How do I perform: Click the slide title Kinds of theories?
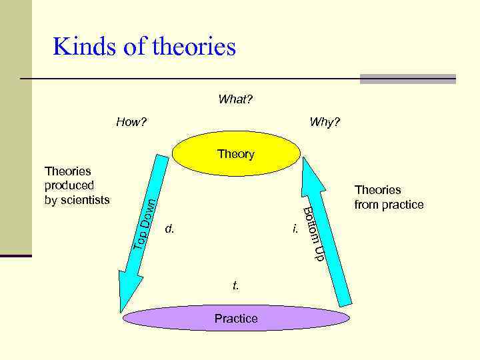pyautogui.click(x=144, y=47)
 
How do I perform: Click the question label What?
pyautogui.click(x=235, y=100)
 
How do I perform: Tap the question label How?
pyautogui.click(x=131, y=123)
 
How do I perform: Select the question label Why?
pyautogui.click(x=324, y=123)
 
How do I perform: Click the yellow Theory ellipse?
pyautogui.click(x=236, y=154)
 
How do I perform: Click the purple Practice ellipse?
pyautogui.click(x=236, y=319)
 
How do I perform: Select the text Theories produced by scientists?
pyautogui.click(x=76, y=185)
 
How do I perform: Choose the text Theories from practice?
pyautogui.click(x=389, y=197)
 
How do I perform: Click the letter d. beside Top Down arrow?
pyautogui.click(x=170, y=229)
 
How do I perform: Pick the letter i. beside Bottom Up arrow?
pyautogui.click(x=294, y=229)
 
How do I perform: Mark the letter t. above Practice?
pyautogui.click(x=235, y=285)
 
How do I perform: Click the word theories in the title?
pyautogui.click(x=194, y=47)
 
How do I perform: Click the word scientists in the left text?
pyautogui.click(x=84, y=199)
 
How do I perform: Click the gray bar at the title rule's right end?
pyautogui.click(x=407, y=79)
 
